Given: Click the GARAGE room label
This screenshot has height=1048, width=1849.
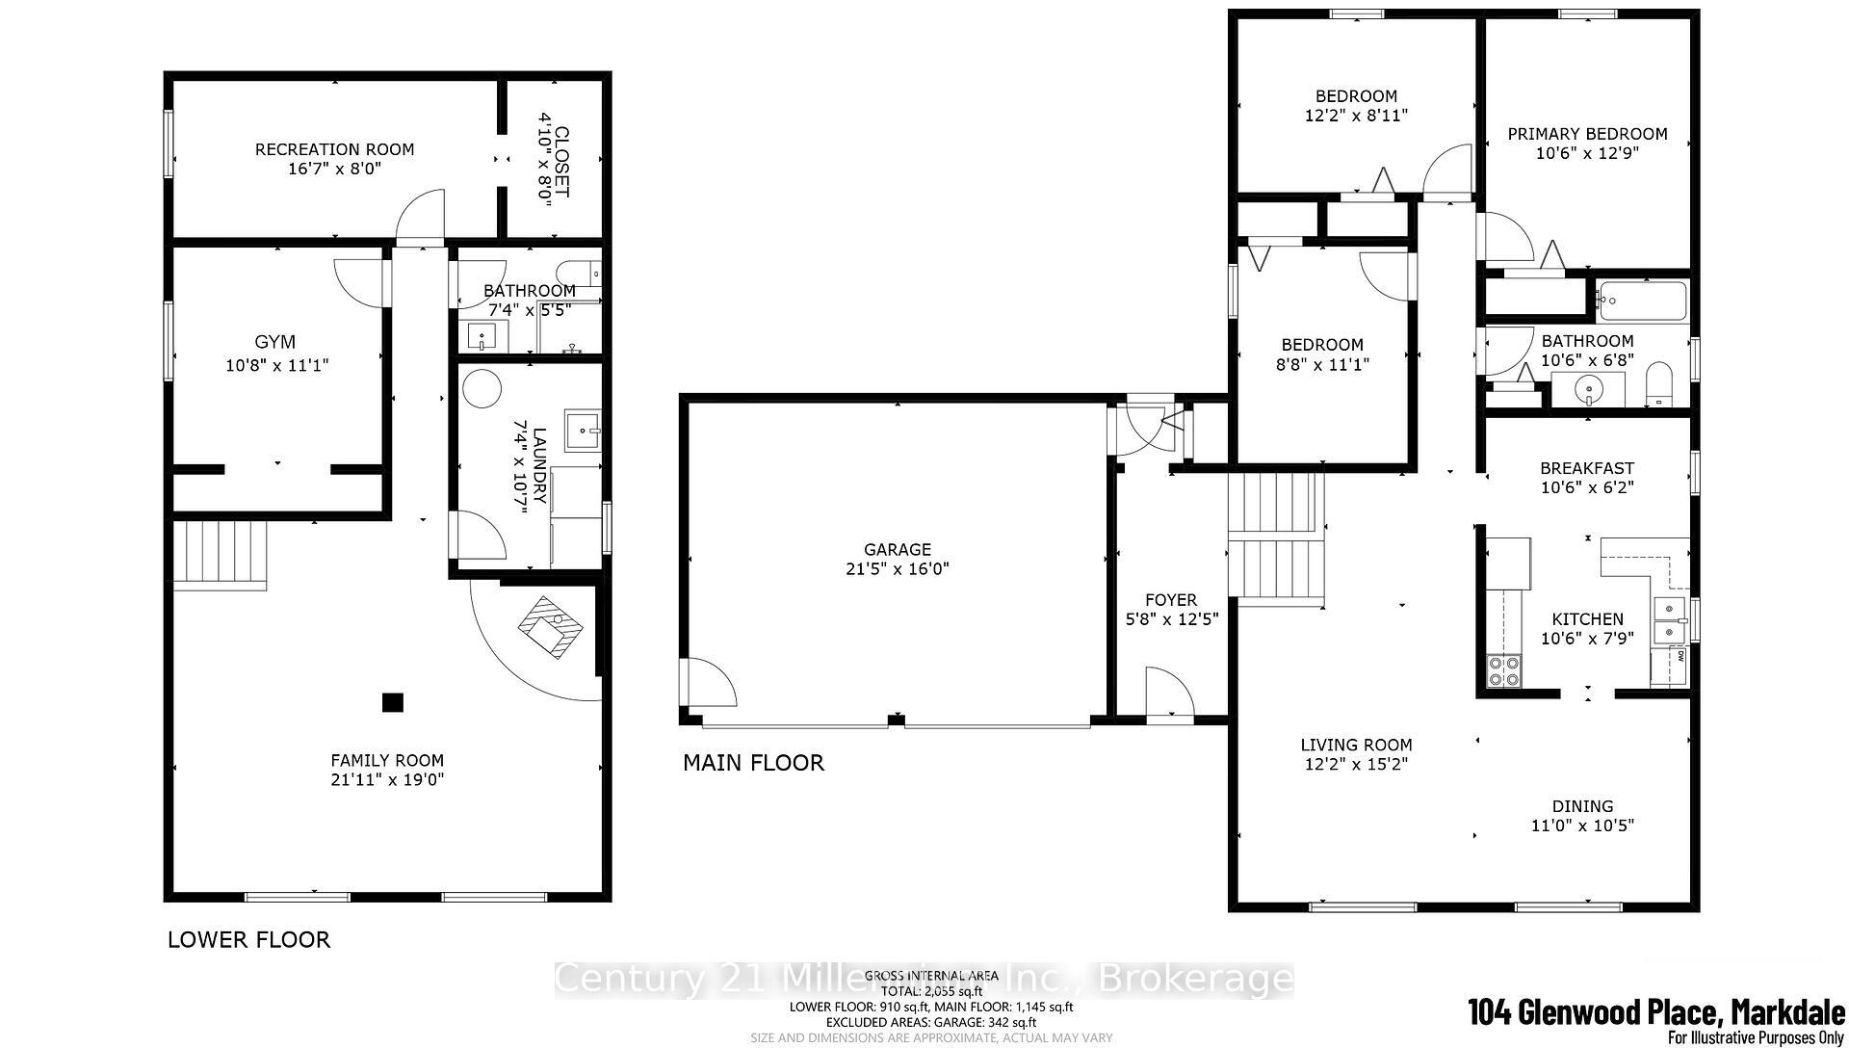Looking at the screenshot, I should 897,549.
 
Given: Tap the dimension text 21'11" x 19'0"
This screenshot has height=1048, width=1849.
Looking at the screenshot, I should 386,780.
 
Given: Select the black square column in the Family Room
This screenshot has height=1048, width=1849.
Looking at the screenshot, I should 392,702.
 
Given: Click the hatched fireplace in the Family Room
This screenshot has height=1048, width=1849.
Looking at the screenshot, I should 551,627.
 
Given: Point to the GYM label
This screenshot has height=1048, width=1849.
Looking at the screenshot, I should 274,342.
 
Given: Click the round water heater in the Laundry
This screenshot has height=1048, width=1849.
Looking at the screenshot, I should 482,390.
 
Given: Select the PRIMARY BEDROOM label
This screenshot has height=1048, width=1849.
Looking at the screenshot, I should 1586,134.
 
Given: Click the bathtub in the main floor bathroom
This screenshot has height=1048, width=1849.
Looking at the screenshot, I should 1642,301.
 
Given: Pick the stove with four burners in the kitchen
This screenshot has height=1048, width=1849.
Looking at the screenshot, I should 1503,670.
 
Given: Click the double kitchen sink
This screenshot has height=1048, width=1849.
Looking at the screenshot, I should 1669,619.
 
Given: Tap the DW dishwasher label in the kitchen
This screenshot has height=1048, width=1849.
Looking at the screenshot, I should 1680,657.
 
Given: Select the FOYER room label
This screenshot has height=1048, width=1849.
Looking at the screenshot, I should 1171,599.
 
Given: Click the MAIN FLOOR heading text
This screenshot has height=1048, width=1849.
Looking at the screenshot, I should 753,763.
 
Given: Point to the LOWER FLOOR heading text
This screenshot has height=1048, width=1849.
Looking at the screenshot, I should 248,939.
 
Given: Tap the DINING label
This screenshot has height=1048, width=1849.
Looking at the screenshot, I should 1582,806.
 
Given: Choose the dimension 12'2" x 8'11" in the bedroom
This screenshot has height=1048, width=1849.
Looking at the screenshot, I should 1356,116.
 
